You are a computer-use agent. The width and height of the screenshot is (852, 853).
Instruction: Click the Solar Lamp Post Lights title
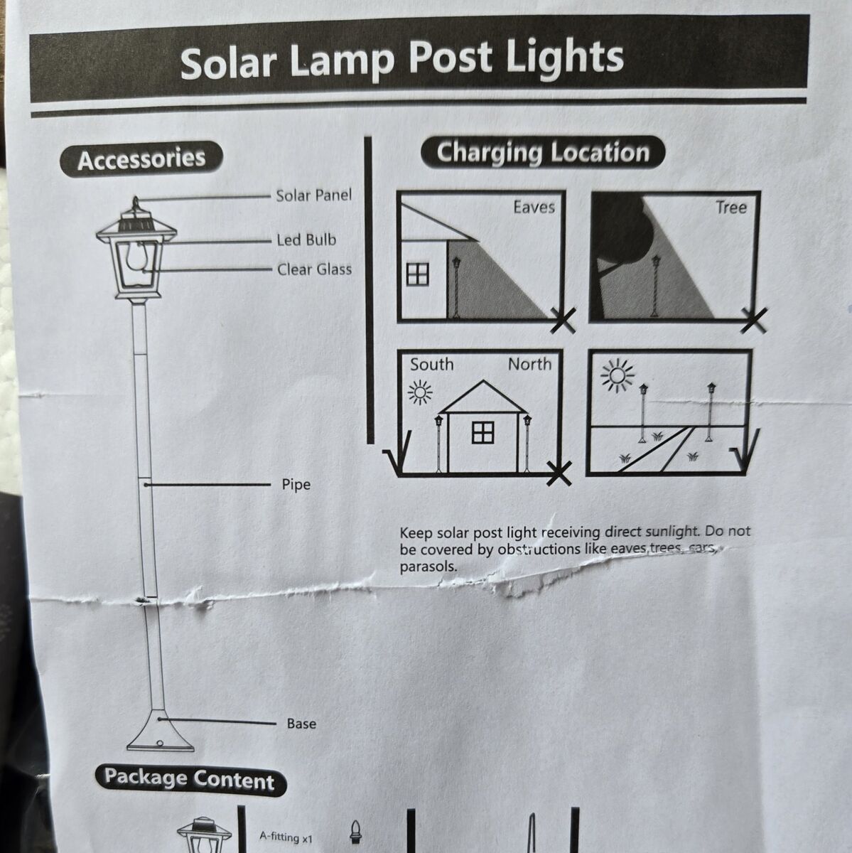(x=402, y=59)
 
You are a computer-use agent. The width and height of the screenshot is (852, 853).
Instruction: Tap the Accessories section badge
(x=141, y=159)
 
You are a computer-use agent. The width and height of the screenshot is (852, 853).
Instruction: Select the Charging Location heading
(x=543, y=153)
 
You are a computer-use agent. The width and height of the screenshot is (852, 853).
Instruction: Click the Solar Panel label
(x=313, y=195)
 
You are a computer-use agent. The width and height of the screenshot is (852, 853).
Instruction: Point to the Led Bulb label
(x=306, y=240)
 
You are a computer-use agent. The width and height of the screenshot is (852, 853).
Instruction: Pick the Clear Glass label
(x=314, y=269)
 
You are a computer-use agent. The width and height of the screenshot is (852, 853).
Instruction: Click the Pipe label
(x=296, y=485)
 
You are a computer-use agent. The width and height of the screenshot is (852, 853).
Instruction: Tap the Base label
(x=301, y=724)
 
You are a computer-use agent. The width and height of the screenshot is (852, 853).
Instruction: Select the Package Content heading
(x=190, y=779)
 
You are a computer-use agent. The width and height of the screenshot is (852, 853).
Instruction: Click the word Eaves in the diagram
(x=534, y=207)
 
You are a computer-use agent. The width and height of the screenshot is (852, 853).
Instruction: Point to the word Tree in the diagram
(x=730, y=208)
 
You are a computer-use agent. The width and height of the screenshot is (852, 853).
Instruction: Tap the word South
(x=431, y=364)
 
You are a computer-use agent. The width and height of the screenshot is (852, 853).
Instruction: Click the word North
(x=529, y=364)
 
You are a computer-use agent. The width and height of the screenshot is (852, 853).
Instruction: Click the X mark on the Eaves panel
(x=563, y=321)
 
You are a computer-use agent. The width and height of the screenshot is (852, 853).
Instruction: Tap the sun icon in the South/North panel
(x=420, y=392)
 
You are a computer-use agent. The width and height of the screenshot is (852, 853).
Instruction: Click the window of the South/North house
(x=482, y=431)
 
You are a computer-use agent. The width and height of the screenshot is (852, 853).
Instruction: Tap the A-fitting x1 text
(x=286, y=837)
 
